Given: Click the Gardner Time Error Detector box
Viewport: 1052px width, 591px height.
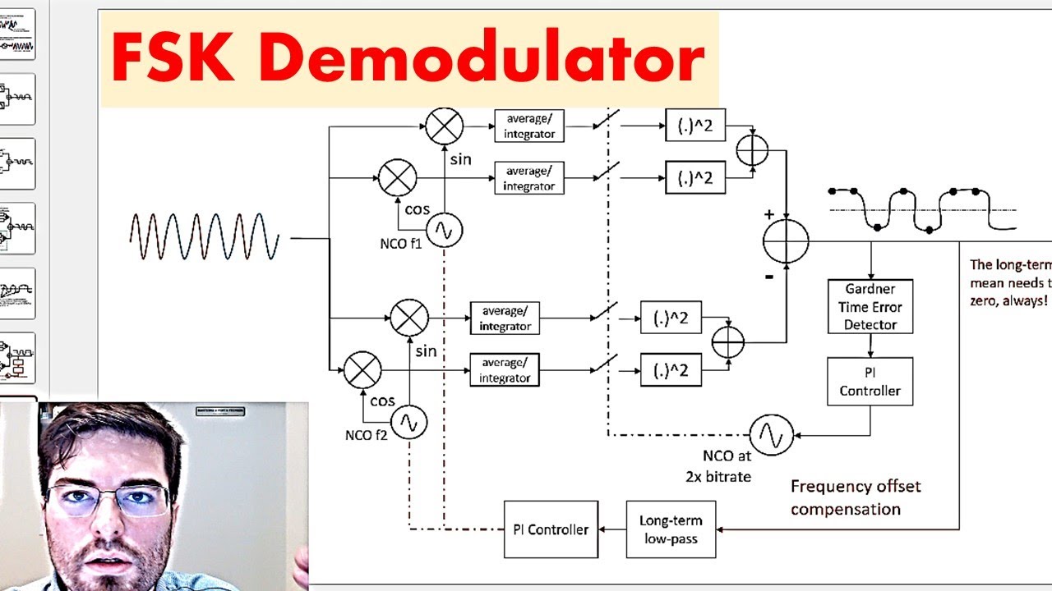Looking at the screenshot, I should click(x=870, y=306).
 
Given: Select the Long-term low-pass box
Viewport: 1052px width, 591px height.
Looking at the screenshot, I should click(x=671, y=529).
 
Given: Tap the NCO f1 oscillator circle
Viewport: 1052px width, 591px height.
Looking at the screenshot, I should click(x=444, y=231).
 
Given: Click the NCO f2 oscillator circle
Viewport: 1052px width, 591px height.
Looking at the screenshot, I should click(x=408, y=423).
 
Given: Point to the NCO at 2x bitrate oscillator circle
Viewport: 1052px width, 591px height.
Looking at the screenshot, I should click(x=772, y=435).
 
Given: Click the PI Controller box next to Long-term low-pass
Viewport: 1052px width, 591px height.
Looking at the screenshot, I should click(x=551, y=529).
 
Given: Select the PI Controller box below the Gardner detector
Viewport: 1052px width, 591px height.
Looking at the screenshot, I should click(x=870, y=382).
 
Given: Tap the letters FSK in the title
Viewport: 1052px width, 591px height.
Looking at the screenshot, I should click(x=178, y=59).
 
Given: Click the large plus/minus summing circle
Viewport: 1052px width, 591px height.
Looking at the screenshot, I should click(x=786, y=241).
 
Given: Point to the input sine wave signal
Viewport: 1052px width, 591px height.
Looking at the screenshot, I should click(x=204, y=237).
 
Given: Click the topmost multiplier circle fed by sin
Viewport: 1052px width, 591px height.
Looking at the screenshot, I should click(x=444, y=126).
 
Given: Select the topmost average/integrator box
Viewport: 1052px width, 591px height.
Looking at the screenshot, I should click(x=528, y=126).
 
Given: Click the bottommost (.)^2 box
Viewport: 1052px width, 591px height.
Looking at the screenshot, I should click(x=671, y=370).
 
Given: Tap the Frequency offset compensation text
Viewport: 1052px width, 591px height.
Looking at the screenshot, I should click(x=856, y=497).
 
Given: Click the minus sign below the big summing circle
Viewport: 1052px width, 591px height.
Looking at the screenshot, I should click(x=769, y=277).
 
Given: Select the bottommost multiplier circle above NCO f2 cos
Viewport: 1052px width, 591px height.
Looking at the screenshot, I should click(x=362, y=370).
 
